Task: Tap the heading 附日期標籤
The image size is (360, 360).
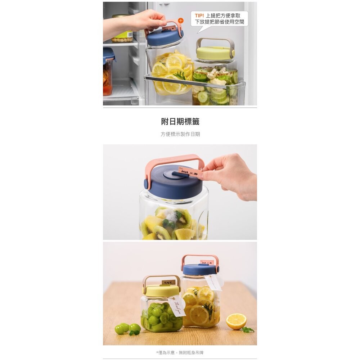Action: [180, 121]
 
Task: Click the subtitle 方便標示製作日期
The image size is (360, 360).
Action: [180, 134]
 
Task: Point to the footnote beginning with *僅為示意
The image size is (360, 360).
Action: [180, 352]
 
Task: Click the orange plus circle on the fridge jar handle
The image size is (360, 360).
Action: [181, 21]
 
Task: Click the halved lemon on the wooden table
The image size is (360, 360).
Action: [236, 321]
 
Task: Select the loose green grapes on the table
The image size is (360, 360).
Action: [126, 328]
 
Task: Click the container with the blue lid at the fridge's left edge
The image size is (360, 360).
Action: [108, 72]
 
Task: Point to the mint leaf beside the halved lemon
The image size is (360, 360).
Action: [248, 329]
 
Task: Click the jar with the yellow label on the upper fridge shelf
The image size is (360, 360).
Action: [122, 31]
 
